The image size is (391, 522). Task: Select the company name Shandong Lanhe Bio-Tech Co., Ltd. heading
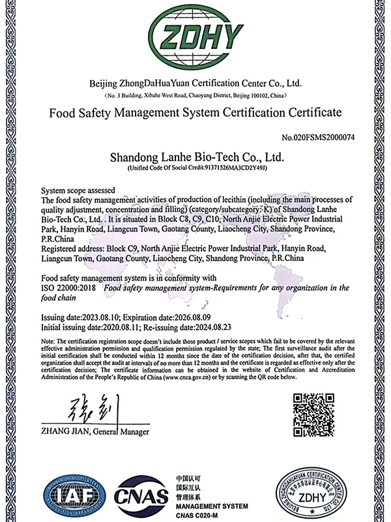(195, 158)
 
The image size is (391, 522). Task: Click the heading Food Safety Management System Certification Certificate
(195, 113)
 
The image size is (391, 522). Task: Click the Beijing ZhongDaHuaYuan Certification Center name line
(195, 84)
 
